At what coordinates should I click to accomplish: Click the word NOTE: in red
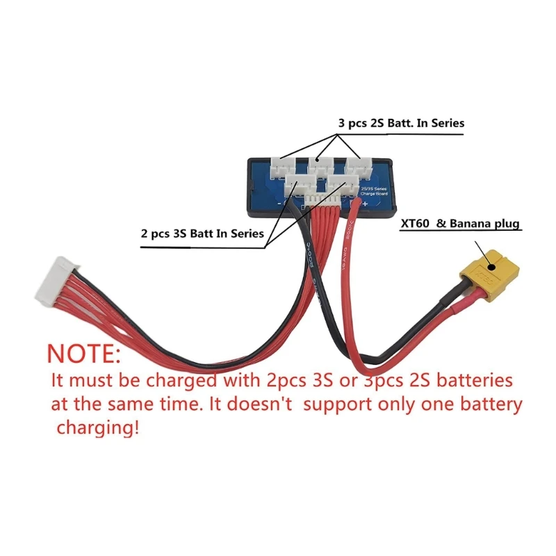point(84,352)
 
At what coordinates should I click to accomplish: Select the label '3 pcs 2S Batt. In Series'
point(401,123)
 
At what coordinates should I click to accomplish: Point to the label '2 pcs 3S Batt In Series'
point(202,234)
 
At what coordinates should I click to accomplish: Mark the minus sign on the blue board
point(279,203)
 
